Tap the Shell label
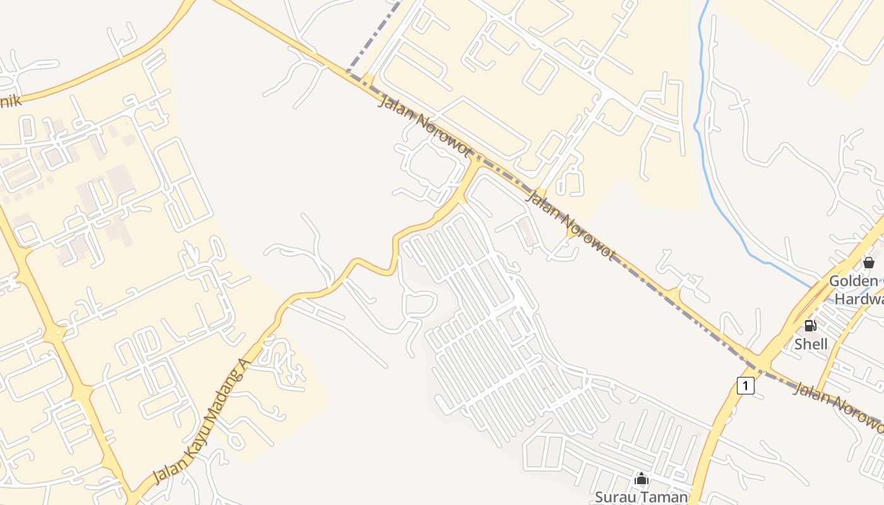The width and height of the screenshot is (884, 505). pos(811,344)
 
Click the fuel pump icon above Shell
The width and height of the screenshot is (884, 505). pos(810,326)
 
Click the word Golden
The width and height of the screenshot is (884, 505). pos(853,281)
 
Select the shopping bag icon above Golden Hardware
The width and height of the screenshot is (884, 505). pos(869,262)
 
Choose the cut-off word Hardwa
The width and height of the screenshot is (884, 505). pos(859,299)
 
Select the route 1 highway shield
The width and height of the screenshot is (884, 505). pos(746,385)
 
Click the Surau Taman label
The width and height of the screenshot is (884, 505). pos(641,497)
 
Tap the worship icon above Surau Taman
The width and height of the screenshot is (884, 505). pos(642,478)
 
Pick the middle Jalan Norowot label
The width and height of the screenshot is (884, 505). pos(570,225)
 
